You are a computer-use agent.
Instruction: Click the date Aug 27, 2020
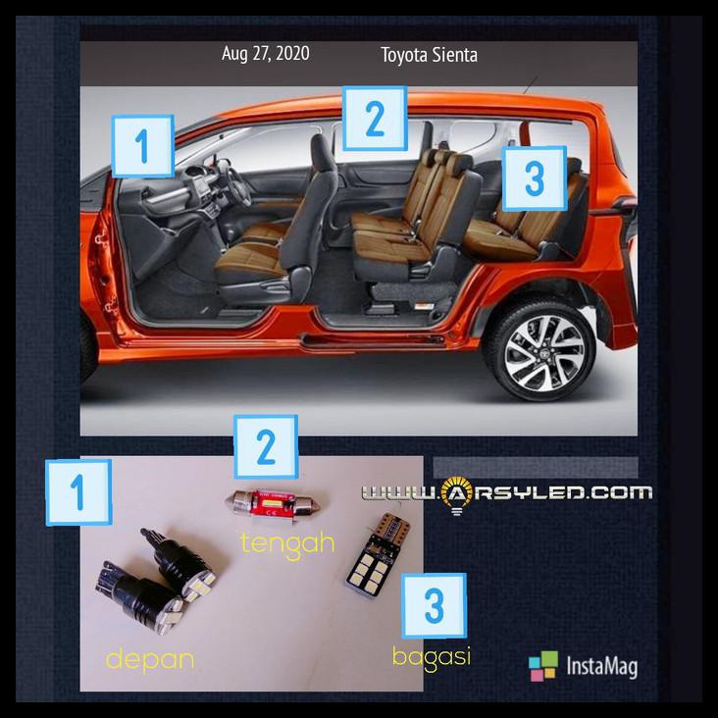[x=265, y=54]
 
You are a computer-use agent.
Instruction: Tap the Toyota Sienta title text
[x=429, y=55]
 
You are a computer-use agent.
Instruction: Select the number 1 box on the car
[x=143, y=146]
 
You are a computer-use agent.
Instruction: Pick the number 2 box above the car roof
[x=374, y=119]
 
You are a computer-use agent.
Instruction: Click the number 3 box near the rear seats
[x=534, y=178]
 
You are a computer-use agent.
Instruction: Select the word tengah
[x=288, y=541]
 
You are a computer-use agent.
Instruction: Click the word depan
[x=149, y=660]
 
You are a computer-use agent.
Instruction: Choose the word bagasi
[x=432, y=656]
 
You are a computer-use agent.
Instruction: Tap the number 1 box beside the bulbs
[x=78, y=490]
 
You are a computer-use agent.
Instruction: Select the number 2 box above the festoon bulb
[x=265, y=446]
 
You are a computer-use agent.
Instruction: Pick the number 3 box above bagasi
[x=434, y=605]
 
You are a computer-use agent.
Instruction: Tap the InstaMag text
[x=601, y=667]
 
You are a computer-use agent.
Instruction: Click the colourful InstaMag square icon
[x=542, y=666]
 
